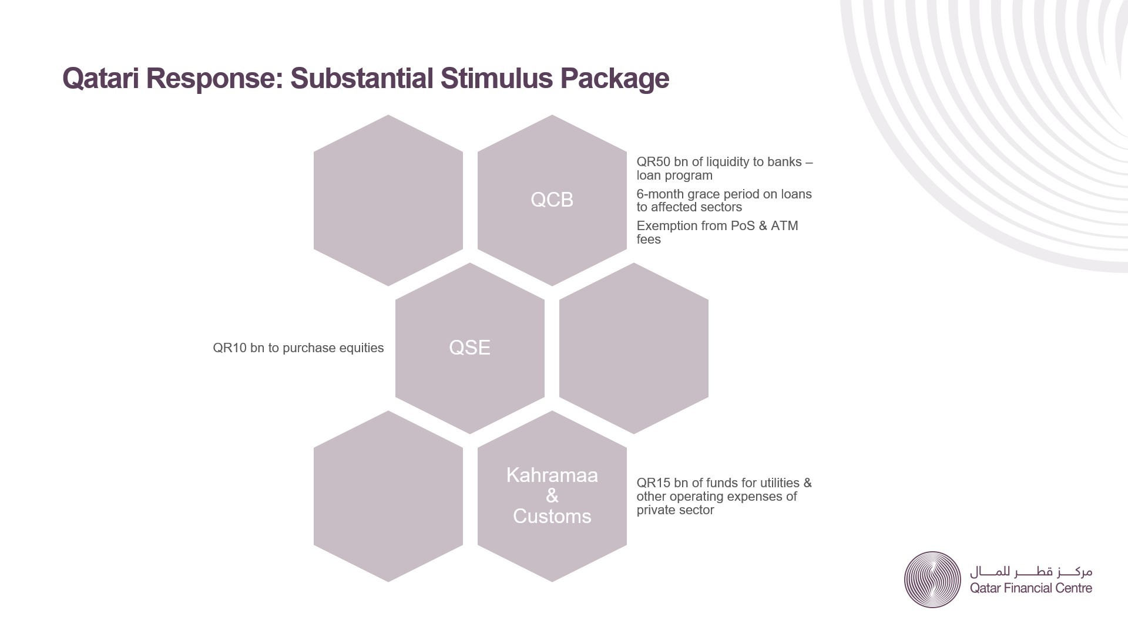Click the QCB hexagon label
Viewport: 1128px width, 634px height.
pos(552,200)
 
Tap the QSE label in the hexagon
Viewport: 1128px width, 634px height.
pos(469,348)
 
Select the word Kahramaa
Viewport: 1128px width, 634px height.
pos(552,475)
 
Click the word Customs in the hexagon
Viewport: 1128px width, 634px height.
pos(552,517)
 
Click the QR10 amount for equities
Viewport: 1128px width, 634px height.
pos(230,348)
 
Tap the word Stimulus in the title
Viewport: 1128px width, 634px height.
pos(496,78)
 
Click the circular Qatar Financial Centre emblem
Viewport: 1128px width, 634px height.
pos(932,579)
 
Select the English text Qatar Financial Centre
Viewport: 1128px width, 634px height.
pos(1030,588)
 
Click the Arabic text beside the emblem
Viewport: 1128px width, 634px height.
pos(1030,571)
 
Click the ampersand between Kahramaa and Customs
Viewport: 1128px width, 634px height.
pos(552,496)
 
